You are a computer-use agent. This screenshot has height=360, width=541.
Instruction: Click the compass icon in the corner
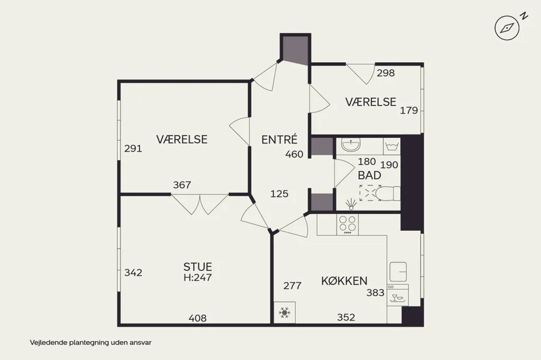click(507, 27)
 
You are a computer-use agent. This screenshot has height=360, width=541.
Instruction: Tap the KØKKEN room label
click(344, 281)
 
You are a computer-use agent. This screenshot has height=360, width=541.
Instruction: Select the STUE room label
click(198, 267)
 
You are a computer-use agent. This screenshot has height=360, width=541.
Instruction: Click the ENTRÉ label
click(279, 139)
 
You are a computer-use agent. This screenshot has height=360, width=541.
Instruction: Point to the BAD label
click(369, 176)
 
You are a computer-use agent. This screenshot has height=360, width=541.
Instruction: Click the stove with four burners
click(348, 224)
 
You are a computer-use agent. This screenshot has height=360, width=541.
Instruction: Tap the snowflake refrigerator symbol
click(284, 313)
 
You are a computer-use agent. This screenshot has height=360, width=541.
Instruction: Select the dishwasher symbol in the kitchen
click(397, 295)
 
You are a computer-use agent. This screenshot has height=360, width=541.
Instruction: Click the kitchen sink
click(398, 271)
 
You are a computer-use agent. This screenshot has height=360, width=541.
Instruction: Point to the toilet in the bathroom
click(387, 193)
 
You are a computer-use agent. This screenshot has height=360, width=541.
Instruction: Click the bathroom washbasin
click(351, 146)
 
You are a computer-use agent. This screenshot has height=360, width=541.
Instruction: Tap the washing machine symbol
click(391, 146)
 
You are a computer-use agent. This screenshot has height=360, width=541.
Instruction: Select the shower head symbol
click(351, 204)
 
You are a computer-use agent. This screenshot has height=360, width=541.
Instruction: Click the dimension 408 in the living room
click(198, 318)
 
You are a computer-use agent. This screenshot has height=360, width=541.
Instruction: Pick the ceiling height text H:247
click(198, 277)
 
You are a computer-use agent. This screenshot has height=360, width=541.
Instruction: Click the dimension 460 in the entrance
click(294, 154)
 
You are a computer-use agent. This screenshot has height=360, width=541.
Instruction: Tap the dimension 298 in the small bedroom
click(386, 73)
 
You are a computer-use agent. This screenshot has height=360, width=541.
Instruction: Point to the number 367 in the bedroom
click(182, 185)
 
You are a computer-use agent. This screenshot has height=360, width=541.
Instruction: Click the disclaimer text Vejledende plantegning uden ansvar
click(90, 343)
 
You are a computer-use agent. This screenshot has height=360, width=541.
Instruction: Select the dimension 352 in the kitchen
click(346, 317)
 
